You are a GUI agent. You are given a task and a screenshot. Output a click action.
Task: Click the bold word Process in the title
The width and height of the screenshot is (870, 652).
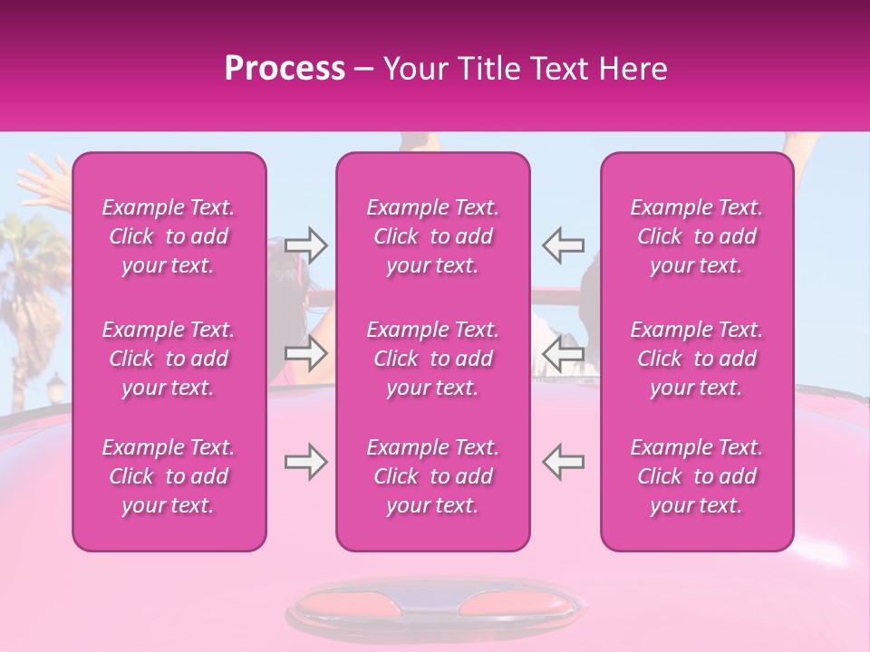point(285,69)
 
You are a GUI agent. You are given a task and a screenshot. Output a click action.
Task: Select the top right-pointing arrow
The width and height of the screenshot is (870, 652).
point(306,244)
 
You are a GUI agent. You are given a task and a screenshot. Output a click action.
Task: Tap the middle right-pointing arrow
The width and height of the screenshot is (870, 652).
point(306,353)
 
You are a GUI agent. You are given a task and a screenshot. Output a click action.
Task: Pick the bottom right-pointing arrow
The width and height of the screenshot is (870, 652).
point(306,462)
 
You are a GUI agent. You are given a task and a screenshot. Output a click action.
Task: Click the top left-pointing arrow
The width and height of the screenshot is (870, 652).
point(563,244)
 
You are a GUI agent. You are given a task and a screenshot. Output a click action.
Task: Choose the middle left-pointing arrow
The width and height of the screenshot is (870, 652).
point(563,353)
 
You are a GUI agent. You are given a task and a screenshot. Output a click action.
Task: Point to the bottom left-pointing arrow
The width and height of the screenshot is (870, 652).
point(563,462)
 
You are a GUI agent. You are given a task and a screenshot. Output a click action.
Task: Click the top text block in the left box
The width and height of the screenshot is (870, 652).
point(169,236)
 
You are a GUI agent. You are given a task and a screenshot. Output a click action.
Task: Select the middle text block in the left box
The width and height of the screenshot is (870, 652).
point(169,359)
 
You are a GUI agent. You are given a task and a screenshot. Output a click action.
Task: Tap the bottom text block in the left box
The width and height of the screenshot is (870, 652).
point(169,476)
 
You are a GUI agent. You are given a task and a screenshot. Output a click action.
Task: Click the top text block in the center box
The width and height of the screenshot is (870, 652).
point(433,236)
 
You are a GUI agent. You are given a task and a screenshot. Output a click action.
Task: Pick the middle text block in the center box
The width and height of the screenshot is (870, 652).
point(433,359)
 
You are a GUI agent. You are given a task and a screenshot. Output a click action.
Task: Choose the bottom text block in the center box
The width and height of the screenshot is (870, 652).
point(433,476)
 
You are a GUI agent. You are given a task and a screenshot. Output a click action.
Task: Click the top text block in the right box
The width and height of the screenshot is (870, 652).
point(697,236)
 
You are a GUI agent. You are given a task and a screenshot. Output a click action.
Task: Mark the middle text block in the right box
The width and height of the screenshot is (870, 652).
point(697,359)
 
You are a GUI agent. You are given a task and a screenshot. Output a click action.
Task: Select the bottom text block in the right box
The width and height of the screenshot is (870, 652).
point(697,476)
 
